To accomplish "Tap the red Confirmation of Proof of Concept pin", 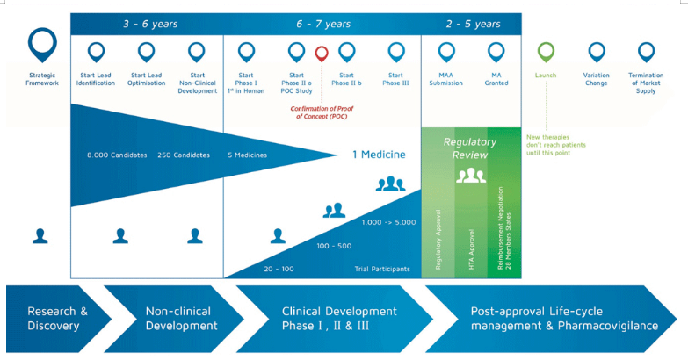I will (x=322, y=54).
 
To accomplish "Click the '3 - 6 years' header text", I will (x=150, y=24).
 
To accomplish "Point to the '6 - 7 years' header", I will (x=323, y=24).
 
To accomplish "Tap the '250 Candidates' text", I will (x=184, y=155).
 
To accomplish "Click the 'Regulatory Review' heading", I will (x=471, y=148).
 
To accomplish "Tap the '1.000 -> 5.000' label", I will (x=387, y=222).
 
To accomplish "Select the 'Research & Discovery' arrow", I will (x=58, y=318).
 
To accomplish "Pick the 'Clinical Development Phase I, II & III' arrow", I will (x=339, y=318).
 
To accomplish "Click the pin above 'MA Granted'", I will (x=496, y=52).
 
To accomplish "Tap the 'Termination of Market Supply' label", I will (x=646, y=83).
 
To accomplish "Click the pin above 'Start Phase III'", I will (x=395, y=52).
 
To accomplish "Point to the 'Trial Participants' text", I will (x=382, y=269).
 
